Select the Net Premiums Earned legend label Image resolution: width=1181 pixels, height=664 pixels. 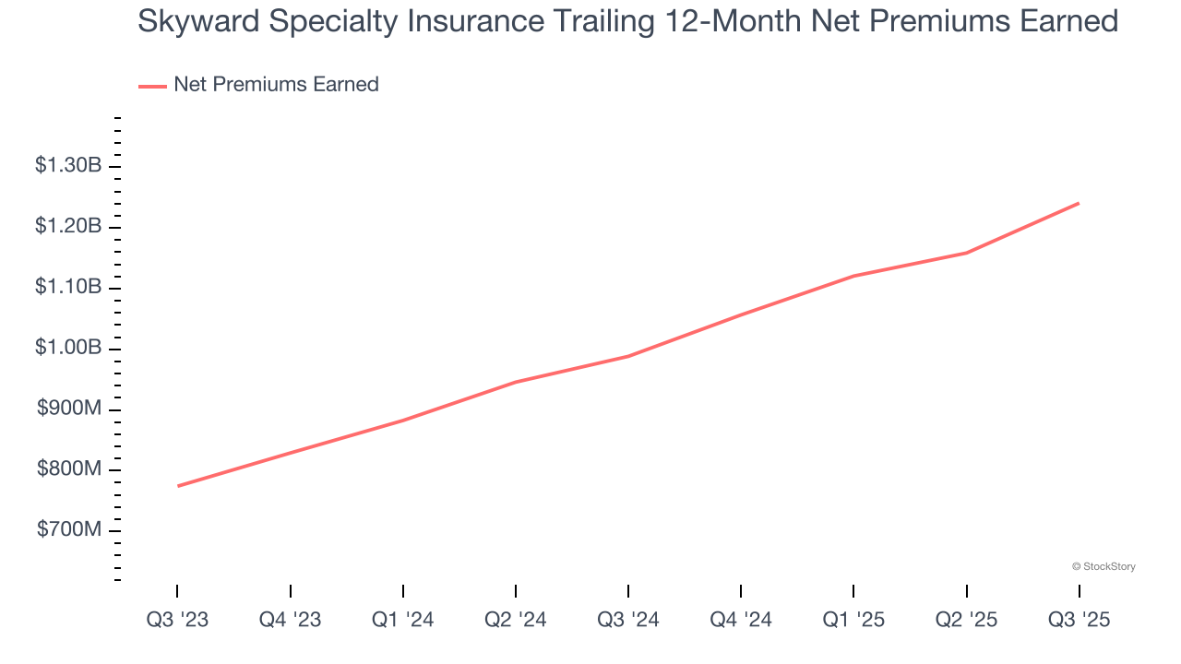pyautogui.click(x=276, y=85)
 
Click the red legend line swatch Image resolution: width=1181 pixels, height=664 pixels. pyautogui.click(x=152, y=86)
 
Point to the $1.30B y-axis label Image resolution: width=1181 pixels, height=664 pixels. pyautogui.click(x=68, y=166)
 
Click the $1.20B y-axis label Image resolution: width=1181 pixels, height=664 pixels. pyautogui.click(x=68, y=227)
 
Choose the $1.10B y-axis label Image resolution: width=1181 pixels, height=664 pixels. pyautogui.click(x=68, y=288)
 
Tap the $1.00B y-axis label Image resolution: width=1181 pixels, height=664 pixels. pyautogui.click(x=68, y=349)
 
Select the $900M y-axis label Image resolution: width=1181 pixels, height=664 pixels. pyautogui.click(x=69, y=409)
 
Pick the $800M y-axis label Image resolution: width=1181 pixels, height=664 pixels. pyautogui.click(x=69, y=470)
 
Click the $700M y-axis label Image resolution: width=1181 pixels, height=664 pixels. pyautogui.click(x=69, y=530)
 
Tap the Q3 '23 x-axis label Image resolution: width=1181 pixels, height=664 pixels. pyautogui.click(x=177, y=620)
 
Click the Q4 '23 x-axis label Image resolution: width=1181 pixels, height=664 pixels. pyautogui.click(x=290, y=620)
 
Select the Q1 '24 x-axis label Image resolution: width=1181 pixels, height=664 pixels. pyautogui.click(x=402, y=620)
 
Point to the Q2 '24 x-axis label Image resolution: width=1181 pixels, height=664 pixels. pyautogui.click(x=515, y=620)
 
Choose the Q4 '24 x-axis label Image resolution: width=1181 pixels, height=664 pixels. pyautogui.click(x=741, y=620)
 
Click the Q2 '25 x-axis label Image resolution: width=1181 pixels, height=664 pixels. pyautogui.click(x=966, y=620)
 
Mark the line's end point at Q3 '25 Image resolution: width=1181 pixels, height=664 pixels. pyautogui.click(x=1079, y=203)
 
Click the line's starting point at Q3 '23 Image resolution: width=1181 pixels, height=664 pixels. pyautogui.click(x=177, y=486)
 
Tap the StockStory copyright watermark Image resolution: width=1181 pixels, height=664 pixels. pyautogui.click(x=1103, y=566)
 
